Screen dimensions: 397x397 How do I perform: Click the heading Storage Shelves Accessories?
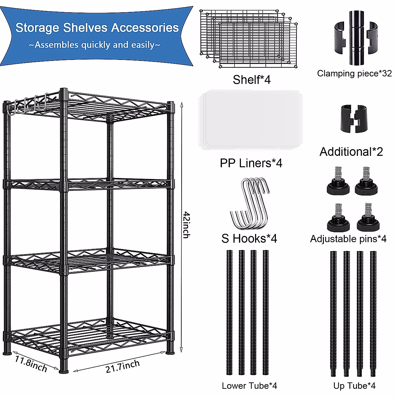[x=97, y=28]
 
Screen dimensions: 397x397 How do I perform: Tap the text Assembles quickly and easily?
[x=95, y=45]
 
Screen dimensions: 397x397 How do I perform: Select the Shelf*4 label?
[x=251, y=80]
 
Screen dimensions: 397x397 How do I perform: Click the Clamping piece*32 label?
[x=354, y=73]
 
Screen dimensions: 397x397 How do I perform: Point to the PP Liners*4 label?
[x=251, y=163]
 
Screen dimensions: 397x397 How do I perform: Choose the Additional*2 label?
[x=351, y=152]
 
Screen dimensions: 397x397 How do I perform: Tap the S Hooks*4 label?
[x=249, y=238]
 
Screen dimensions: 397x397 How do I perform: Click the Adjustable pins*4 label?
[x=348, y=239]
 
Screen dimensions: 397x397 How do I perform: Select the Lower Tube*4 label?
[x=249, y=385]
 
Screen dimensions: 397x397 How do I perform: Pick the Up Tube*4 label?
[x=354, y=385]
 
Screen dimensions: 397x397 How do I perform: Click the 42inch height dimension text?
[x=186, y=225]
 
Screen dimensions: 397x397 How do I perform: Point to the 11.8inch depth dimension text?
[x=31, y=363]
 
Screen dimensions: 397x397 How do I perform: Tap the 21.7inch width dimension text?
[x=123, y=366]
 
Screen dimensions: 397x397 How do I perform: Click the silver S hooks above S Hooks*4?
[x=249, y=203]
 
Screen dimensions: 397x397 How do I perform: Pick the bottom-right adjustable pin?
[x=368, y=218]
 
